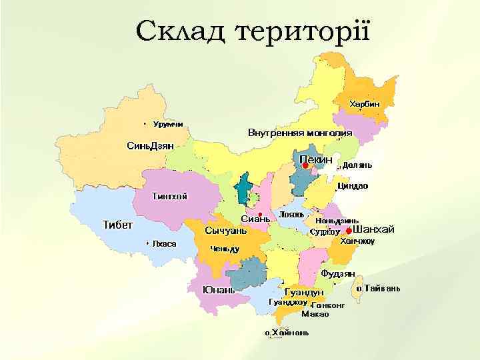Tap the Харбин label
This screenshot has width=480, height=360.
click(365, 104)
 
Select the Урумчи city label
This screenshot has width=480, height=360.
click(168, 124)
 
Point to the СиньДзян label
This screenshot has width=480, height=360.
click(150, 145)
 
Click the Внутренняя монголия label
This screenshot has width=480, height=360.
click(300, 132)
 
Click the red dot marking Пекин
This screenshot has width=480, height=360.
click(306, 166)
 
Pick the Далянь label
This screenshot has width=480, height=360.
click(357, 165)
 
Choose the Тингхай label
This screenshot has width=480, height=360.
click(170, 196)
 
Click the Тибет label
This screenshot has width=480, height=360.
click(117, 224)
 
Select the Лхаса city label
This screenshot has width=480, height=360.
click(164, 244)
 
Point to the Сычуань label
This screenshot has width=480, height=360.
click(225, 231)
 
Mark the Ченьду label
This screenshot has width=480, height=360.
click(225, 249)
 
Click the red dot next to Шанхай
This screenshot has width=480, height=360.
click(348, 231)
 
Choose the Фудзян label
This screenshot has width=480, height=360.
click(337, 273)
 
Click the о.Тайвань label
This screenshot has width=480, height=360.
click(378, 289)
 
